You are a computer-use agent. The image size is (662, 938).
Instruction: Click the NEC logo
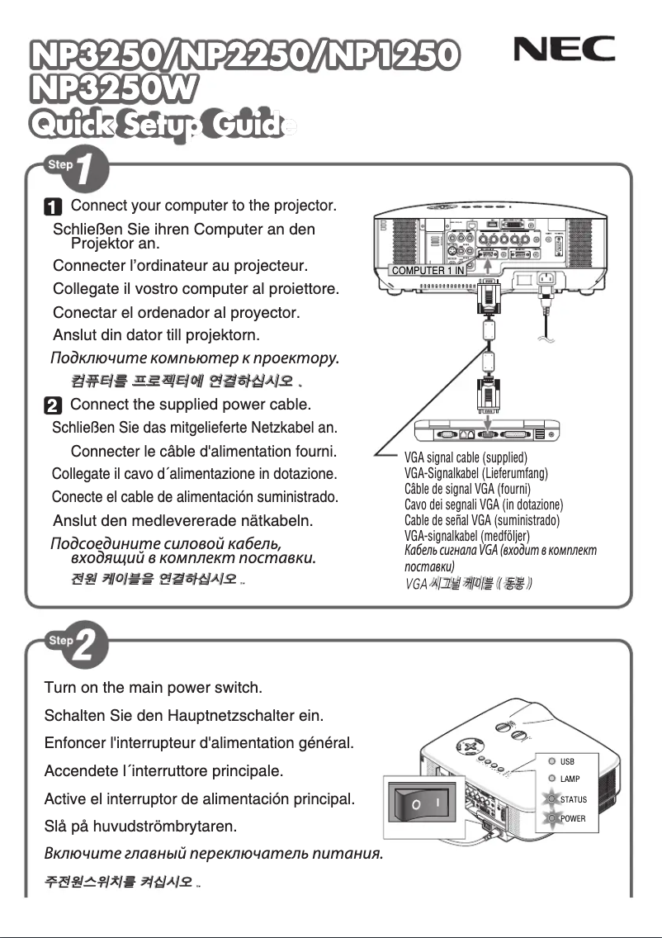(565, 51)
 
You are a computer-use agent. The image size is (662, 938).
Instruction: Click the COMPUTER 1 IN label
(427, 270)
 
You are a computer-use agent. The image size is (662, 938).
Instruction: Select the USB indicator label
(567, 761)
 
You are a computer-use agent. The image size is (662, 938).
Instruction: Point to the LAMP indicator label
(570, 779)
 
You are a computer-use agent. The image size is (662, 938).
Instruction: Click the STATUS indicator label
(574, 799)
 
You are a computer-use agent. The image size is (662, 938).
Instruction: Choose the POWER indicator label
(573, 818)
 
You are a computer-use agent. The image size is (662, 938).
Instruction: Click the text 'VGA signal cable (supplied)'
(466, 457)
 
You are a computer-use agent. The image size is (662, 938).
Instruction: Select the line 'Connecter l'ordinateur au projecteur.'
(180, 266)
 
